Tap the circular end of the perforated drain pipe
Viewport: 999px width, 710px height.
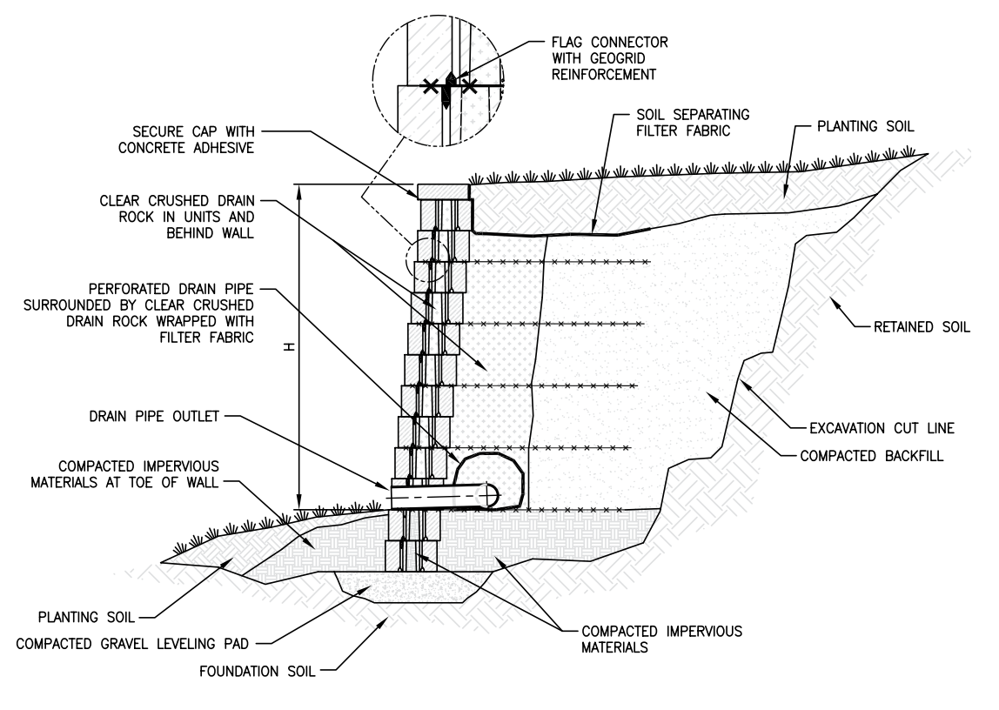pyautogui.click(x=492, y=494)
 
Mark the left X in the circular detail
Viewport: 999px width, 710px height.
pyautogui.click(x=429, y=86)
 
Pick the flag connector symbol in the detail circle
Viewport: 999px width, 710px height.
pyautogui.click(x=450, y=87)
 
